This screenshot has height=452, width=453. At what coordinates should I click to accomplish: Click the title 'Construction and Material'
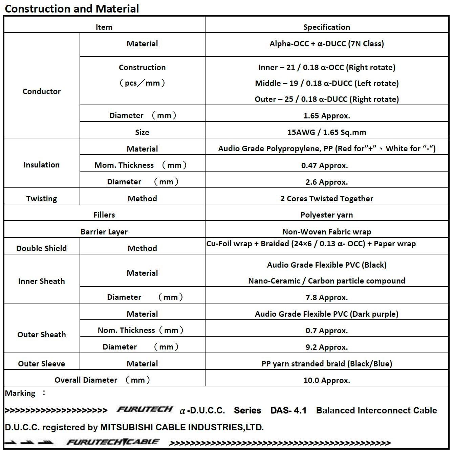coord(72,8)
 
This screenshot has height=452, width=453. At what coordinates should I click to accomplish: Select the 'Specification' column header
coord(326,27)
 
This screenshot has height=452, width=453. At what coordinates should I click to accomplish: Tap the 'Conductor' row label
coord(42,91)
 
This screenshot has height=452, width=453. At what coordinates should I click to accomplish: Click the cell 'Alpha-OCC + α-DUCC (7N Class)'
coord(326,44)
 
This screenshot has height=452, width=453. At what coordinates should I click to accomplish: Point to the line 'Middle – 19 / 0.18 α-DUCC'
coord(327,83)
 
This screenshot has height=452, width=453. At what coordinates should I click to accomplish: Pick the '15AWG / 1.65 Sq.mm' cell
coord(326,132)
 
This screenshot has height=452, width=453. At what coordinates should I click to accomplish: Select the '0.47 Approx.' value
coord(324,165)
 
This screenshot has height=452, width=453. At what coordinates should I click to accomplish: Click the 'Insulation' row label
coord(41,165)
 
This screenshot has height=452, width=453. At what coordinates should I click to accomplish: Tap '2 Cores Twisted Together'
coord(326,199)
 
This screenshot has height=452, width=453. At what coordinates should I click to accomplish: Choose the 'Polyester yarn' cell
coord(326,215)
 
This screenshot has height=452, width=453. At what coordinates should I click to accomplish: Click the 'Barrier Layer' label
coord(104,232)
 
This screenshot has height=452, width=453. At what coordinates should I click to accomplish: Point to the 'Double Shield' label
coord(41,248)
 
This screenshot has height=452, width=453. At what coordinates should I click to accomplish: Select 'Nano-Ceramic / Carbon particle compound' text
coord(326,281)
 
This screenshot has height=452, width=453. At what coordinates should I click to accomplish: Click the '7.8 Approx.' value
coord(326,297)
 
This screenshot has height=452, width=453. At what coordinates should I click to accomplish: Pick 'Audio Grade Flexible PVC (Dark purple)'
coord(326,314)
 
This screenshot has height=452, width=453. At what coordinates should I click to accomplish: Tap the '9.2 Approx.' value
coord(326,347)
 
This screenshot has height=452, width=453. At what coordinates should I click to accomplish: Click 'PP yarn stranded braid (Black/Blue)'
coord(326,364)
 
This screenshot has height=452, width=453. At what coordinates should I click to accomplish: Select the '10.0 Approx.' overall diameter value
coord(326,380)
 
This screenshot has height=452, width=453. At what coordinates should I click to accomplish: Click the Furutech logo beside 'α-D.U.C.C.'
coord(145,409)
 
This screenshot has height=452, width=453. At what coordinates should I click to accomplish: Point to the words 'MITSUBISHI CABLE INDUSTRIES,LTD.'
coord(182,427)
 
